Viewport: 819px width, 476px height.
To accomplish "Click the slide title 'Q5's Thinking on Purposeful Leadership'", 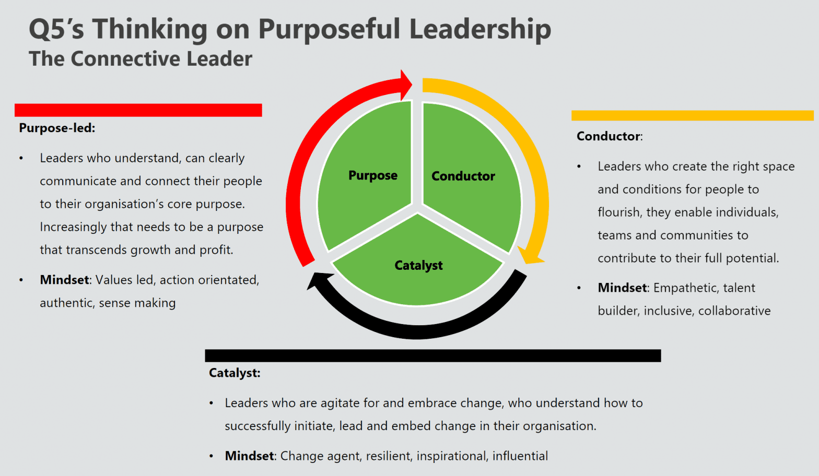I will click(x=290, y=29).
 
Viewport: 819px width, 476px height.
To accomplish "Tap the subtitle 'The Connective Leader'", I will click(x=141, y=59).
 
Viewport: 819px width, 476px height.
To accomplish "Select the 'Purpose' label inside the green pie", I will click(x=373, y=175).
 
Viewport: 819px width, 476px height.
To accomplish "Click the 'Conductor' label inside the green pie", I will click(x=463, y=176).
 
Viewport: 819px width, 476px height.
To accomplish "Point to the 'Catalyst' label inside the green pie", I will click(x=418, y=266).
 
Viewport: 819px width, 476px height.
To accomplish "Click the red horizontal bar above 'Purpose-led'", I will click(x=138, y=110).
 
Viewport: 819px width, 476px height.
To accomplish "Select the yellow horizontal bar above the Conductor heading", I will click(x=692, y=115).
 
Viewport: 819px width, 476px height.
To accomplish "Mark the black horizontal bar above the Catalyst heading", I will click(x=432, y=356).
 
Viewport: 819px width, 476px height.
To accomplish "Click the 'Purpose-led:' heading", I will click(x=57, y=128).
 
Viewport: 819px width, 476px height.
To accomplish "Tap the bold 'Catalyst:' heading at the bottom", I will click(x=235, y=373).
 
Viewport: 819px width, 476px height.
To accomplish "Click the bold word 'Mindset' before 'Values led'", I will click(x=64, y=280).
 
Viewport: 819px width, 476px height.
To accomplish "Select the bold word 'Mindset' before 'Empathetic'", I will click(x=623, y=288).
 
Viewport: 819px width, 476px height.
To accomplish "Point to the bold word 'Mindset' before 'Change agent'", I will click(x=249, y=456).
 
